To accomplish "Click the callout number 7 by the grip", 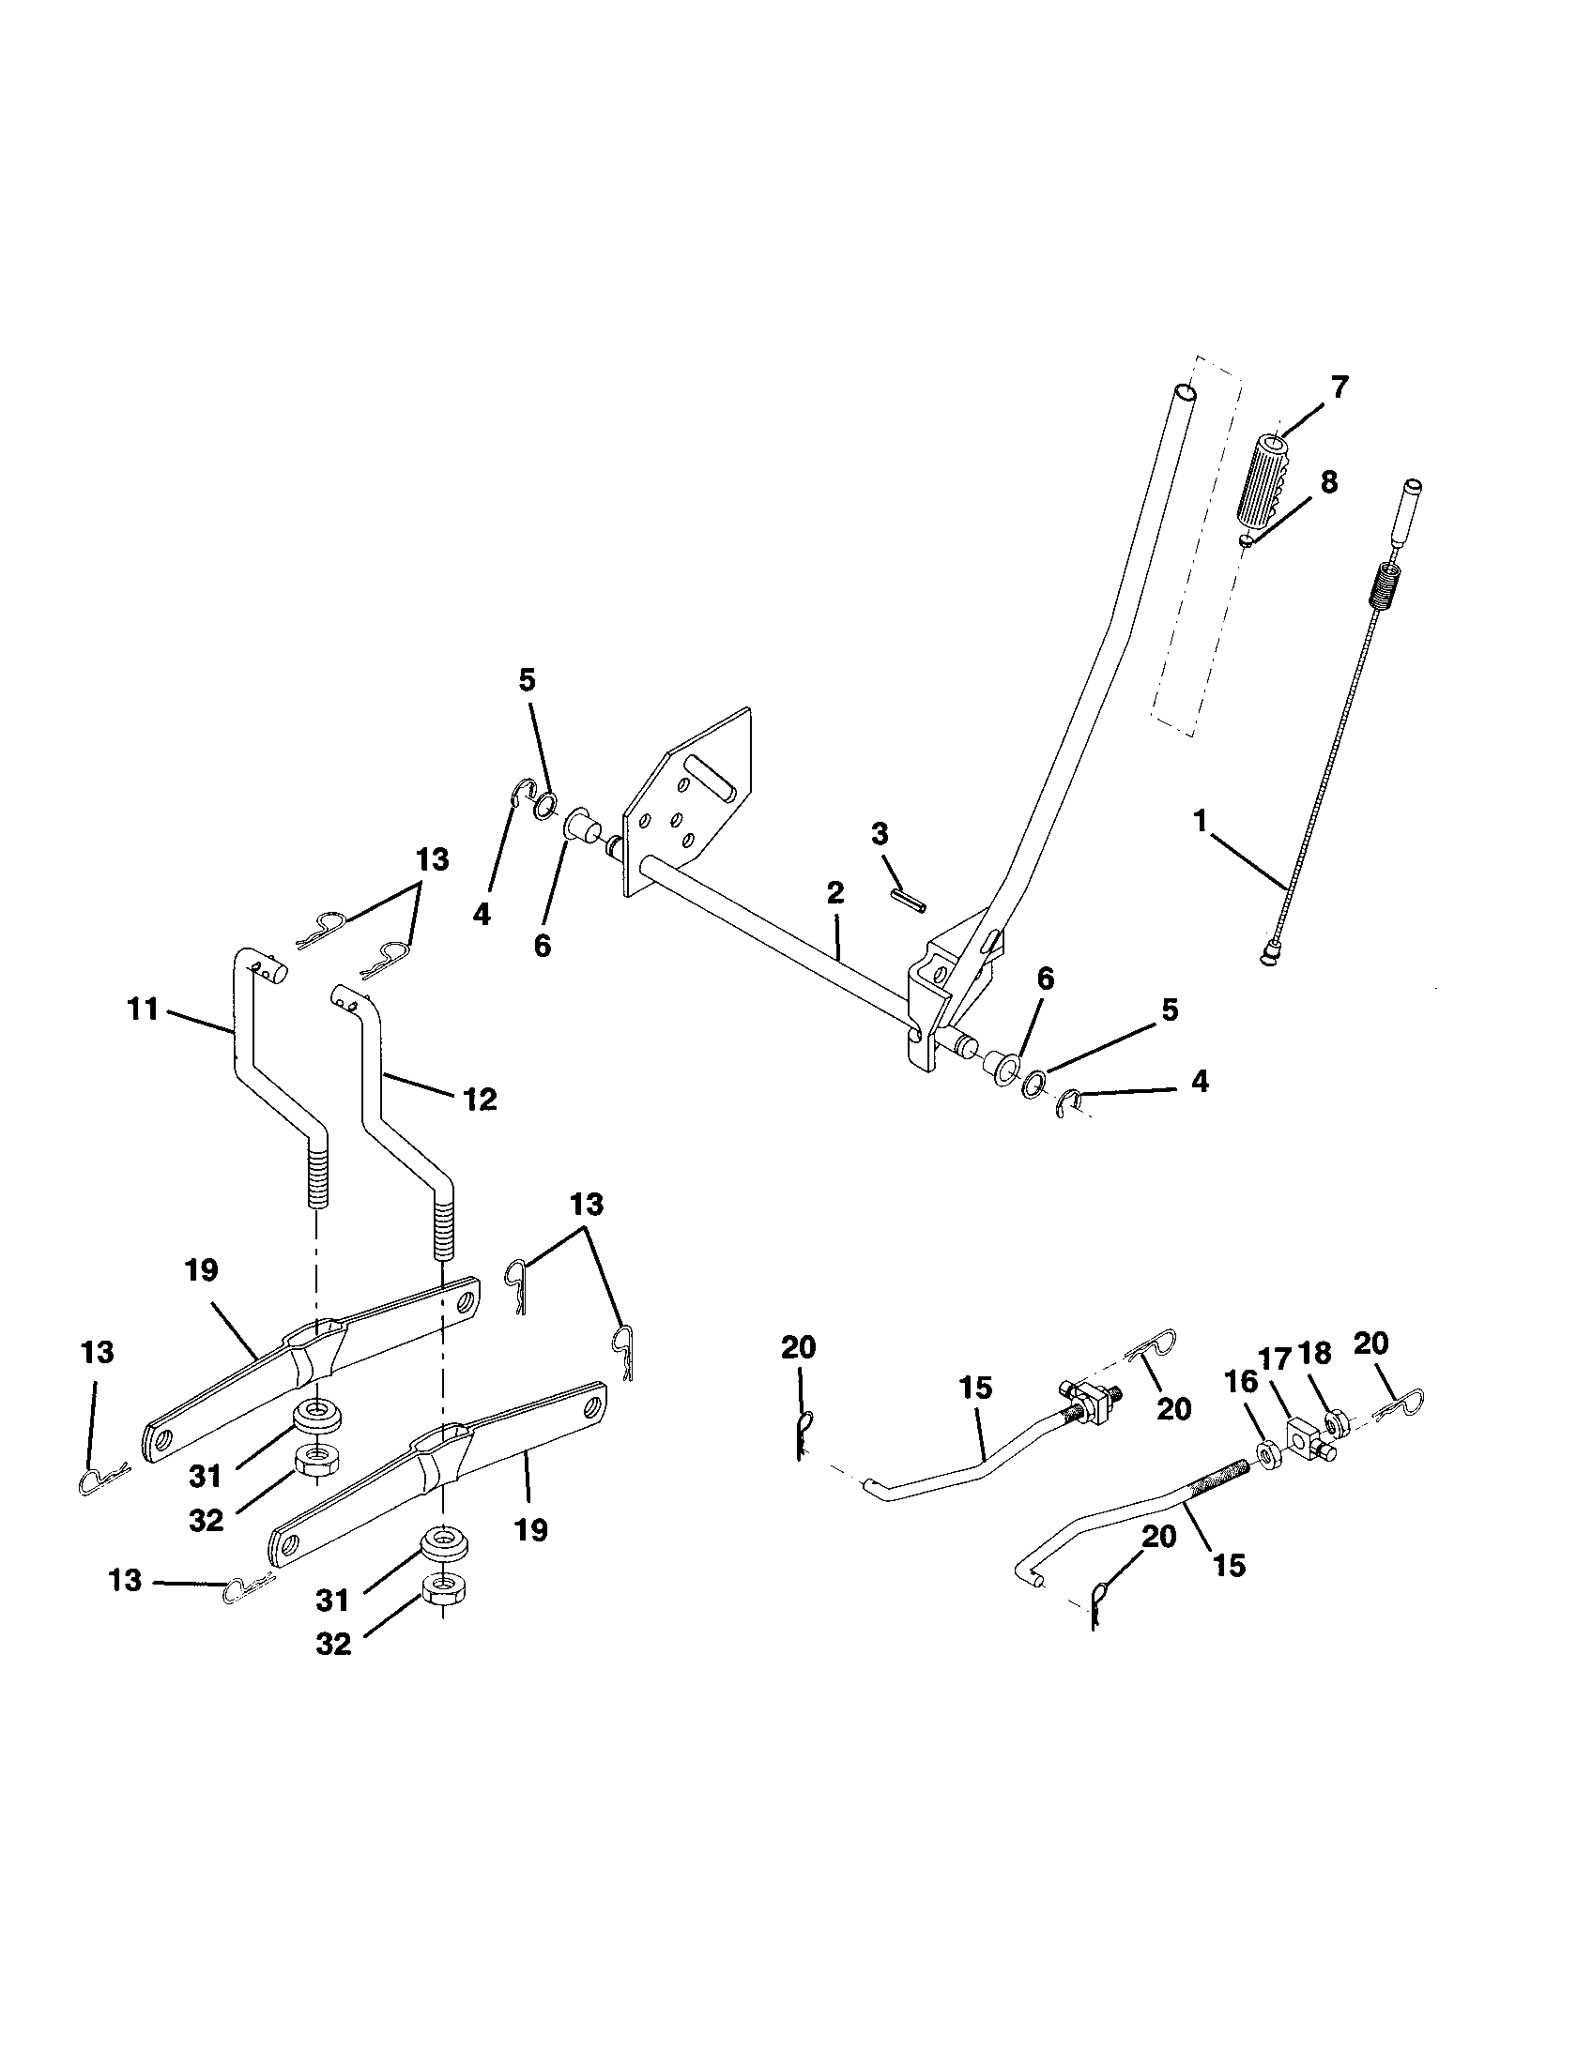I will [1339, 387].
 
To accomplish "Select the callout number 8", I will [1328, 482].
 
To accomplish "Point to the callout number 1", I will [1200, 821].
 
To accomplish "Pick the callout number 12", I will [481, 1100].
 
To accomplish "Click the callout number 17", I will [1276, 1359].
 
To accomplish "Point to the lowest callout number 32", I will [333, 1645].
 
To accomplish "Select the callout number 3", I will [880, 833].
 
